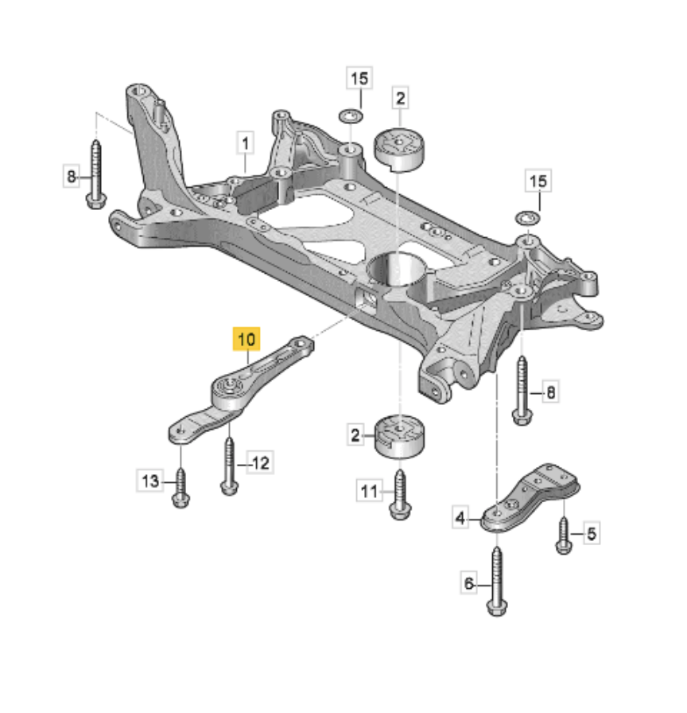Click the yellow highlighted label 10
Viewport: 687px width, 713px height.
click(x=246, y=339)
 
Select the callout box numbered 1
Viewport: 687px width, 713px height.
click(x=246, y=144)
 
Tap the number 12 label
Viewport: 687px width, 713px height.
click(x=261, y=462)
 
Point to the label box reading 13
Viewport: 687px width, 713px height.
click(x=150, y=480)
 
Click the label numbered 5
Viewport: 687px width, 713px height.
click(x=591, y=534)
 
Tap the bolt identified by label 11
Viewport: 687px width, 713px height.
click(x=398, y=492)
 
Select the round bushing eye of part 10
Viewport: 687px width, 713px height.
click(x=228, y=390)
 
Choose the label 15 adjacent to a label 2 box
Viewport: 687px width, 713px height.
click(x=359, y=79)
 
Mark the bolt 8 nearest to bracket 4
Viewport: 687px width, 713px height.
click(x=522, y=390)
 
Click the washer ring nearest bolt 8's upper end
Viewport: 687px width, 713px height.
click(x=526, y=216)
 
